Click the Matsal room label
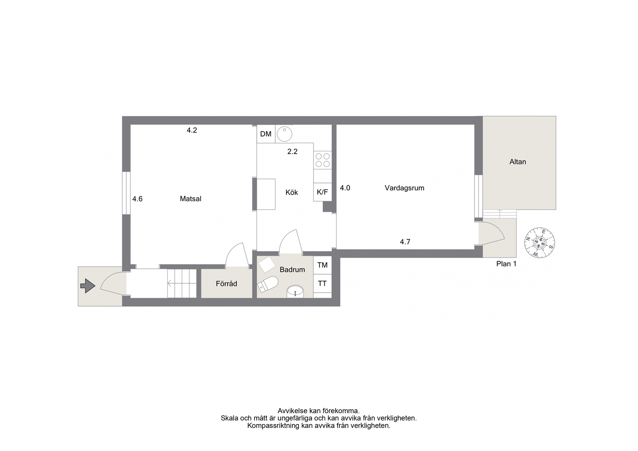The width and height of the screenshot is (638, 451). (191, 199)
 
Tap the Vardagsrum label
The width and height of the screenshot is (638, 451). (404, 188)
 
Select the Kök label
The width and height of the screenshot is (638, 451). (292, 192)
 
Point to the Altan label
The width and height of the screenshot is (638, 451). (518, 162)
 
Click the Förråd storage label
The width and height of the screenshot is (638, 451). (226, 284)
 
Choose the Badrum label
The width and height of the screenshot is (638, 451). (292, 270)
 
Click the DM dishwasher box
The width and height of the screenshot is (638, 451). (266, 134)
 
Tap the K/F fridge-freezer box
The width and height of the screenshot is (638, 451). (322, 192)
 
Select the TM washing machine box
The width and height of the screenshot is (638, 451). (322, 265)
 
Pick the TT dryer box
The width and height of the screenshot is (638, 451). (322, 283)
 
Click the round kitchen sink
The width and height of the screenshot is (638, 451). (284, 134)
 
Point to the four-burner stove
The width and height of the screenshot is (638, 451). (323, 160)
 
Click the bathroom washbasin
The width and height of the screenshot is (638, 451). (295, 292)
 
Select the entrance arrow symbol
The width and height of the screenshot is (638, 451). (87, 285)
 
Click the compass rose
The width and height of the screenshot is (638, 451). (539, 243)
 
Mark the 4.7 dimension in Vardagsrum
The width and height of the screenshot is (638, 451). (405, 242)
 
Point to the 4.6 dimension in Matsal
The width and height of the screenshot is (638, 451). (137, 199)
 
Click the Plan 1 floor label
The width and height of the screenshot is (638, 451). (506, 263)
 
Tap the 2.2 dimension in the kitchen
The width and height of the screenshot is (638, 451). (292, 151)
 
